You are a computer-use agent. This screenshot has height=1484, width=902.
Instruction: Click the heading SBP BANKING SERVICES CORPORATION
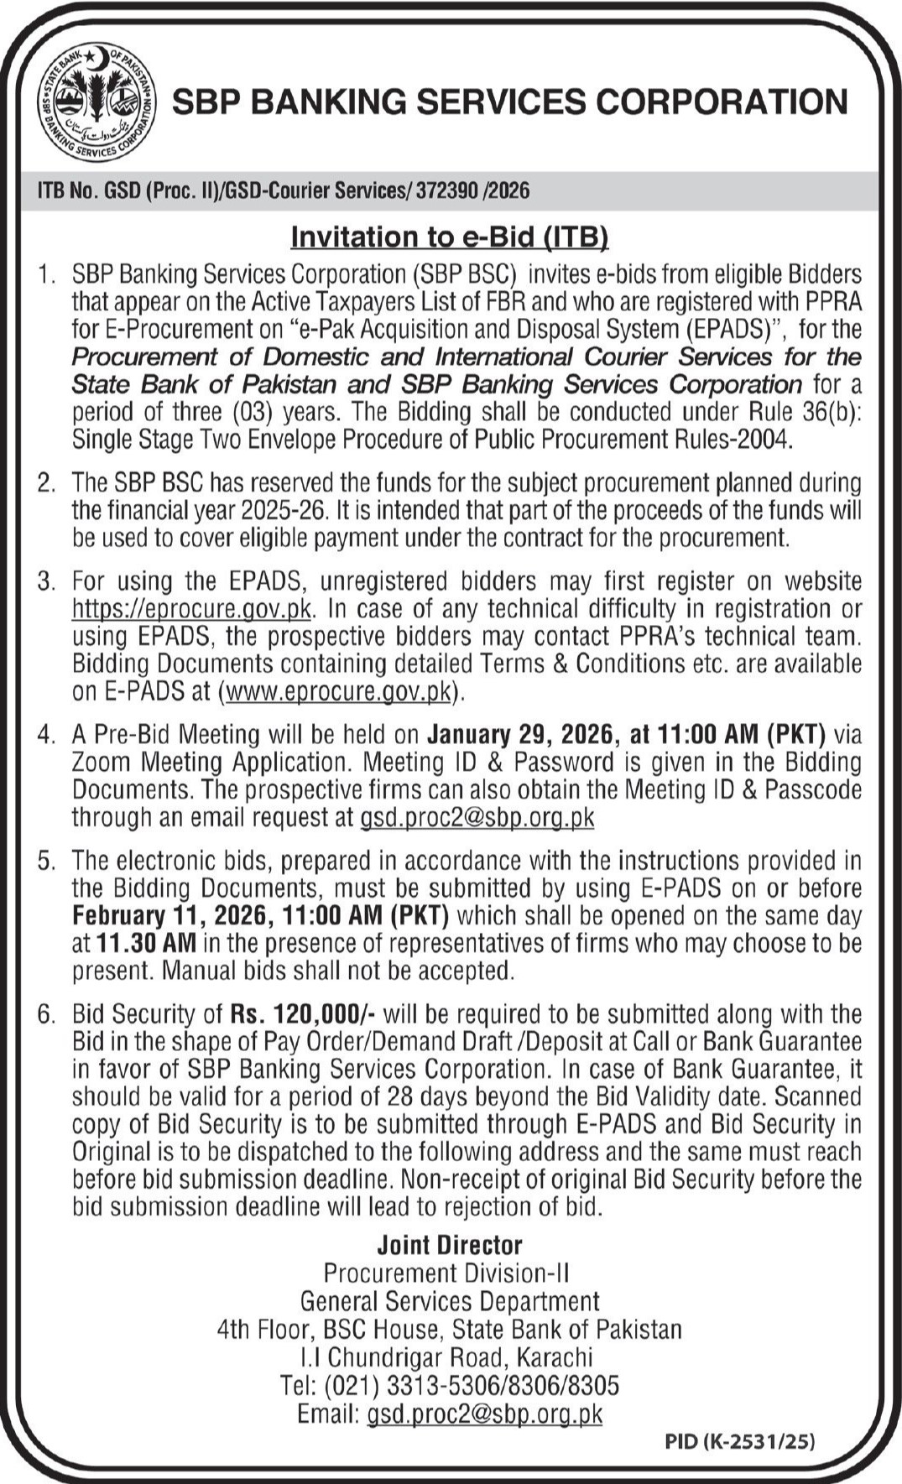509,102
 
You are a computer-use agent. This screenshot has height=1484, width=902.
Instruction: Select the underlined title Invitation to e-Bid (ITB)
449,237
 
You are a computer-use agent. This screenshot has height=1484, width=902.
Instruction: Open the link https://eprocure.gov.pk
192,608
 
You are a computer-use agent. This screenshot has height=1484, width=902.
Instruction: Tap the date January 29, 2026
521,734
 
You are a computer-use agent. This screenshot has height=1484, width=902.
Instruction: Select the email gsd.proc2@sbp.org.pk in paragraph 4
477,817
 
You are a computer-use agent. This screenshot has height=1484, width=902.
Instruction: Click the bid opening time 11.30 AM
145,943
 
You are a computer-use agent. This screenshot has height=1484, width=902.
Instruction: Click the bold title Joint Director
450,1245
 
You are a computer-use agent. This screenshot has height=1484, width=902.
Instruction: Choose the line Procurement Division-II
446,1273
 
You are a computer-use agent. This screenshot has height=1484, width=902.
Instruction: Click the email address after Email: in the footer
485,1413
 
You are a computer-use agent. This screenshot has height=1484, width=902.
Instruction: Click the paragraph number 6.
46,1013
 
